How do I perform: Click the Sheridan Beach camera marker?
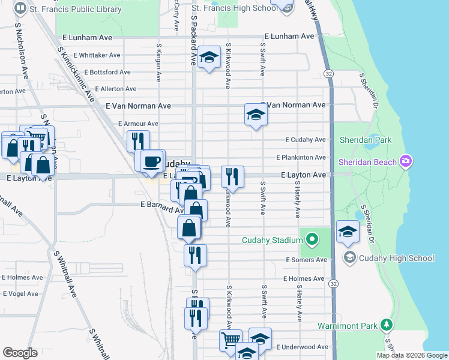[x=406, y=161]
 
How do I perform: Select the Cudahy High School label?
[x=396, y=258]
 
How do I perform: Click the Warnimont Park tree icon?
[x=387, y=326]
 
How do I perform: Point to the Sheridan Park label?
[x=365, y=140]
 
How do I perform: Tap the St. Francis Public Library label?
[x=76, y=9]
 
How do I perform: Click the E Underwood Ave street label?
[x=302, y=347]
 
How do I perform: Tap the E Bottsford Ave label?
[x=107, y=72]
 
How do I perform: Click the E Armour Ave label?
[x=138, y=124]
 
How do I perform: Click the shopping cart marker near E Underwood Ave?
[x=231, y=340]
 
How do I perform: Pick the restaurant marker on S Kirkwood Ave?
[x=232, y=177]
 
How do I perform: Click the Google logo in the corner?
[x=20, y=353]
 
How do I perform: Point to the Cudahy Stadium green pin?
[x=311, y=241]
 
